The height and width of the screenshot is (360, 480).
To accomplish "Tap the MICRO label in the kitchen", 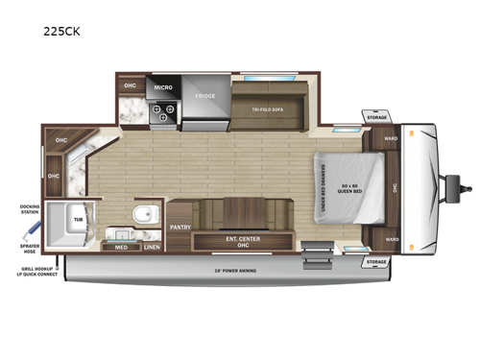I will click(162, 86).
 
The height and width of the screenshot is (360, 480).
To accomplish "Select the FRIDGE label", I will click(205, 96).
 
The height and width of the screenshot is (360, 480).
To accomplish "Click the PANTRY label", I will click(180, 228).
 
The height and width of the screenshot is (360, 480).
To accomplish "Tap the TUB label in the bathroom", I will click(77, 220).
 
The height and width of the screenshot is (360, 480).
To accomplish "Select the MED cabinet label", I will click(122, 247).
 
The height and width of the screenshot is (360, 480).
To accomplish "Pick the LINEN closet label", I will click(151, 247).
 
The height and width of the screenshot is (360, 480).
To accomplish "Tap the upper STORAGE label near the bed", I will click(376, 118).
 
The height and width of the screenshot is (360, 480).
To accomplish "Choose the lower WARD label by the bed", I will click(391, 239).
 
